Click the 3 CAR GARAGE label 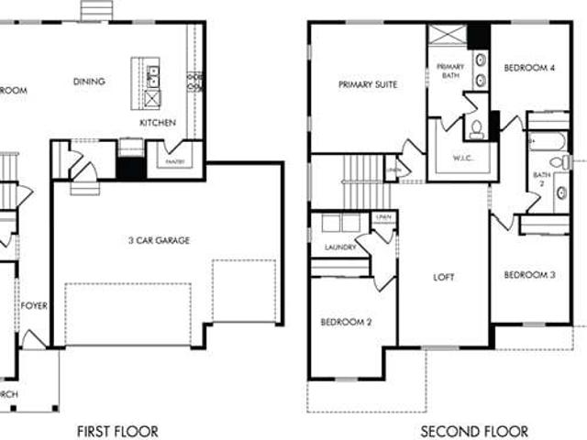tap(160, 241)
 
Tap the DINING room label tap(89, 82)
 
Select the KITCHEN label tap(158, 122)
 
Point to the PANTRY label tap(176, 162)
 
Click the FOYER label tap(34, 306)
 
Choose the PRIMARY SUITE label tap(368, 84)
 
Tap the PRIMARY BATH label tap(450, 71)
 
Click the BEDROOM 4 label tap(529, 68)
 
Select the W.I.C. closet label tap(463, 157)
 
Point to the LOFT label tap(444, 277)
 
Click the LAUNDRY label tap(340, 247)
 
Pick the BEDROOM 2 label tap(345, 323)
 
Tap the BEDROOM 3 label tap(529, 275)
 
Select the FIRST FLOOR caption tap(116, 431)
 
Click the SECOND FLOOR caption tap(474, 431)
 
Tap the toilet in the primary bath tap(477, 128)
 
